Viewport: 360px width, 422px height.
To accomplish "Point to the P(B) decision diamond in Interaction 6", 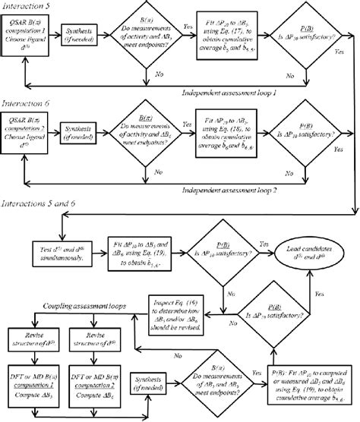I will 298,136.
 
